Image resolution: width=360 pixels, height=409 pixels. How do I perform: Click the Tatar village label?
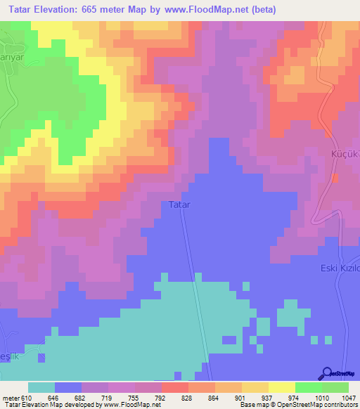point(179,205)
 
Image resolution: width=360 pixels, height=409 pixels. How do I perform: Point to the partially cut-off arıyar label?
point(12,57)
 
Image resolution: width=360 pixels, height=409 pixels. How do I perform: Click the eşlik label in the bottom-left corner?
point(11,357)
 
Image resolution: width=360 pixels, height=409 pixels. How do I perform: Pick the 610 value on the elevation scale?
point(27,397)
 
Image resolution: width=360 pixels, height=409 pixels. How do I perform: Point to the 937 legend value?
point(268,397)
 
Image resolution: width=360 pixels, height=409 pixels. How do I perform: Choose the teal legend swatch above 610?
point(41,387)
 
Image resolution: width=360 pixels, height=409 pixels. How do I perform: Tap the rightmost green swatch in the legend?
point(335,387)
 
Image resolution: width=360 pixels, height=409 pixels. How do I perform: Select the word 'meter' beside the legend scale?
point(11,397)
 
